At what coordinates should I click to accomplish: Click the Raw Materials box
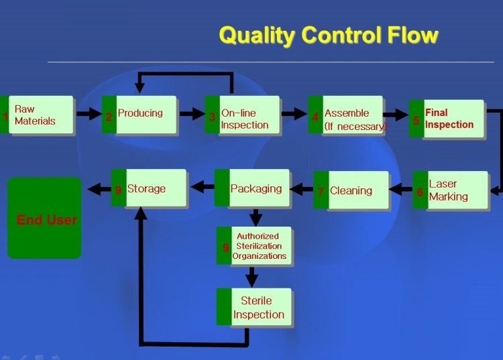click(x=37, y=115)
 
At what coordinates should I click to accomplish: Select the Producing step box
click(x=139, y=115)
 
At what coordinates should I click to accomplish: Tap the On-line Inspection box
click(x=242, y=115)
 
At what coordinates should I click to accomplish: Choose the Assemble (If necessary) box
click(x=345, y=115)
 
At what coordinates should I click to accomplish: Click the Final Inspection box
click(x=446, y=119)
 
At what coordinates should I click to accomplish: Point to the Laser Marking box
click(x=450, y=190)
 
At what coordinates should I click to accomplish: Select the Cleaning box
click(x=351, y=190)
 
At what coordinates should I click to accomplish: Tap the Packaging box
click(x=251, y=188)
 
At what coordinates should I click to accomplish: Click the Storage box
click(x=148, y=188)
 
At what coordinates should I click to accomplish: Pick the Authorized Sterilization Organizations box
click(x=254, y=245)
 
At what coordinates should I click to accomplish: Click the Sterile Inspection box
click(x=254, y=307)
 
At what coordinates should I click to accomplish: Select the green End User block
click(x=44, y=218)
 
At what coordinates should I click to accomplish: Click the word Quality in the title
click(x=258, y=36)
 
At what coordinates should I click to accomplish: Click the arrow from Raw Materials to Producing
click(x=89, y=114)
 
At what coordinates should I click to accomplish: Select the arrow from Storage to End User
click(x=99, y=188)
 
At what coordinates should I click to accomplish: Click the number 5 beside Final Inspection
click(x=416, y=121)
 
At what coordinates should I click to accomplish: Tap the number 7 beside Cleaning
click(x=321, y=192)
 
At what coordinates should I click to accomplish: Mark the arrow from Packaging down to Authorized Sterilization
click(x=256, y=217)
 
